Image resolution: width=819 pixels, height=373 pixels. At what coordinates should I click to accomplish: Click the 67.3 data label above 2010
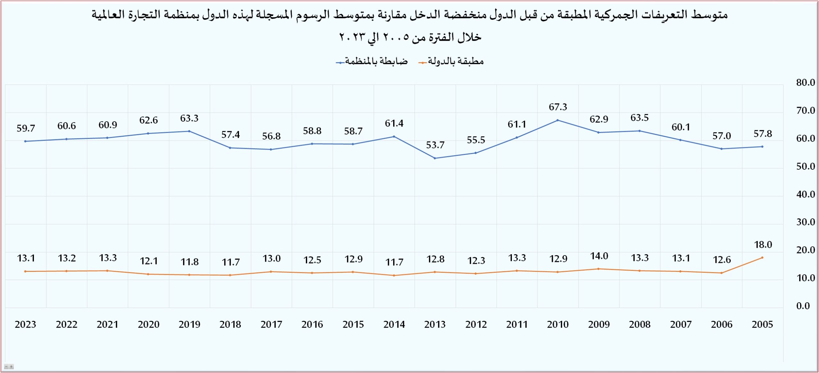(x=558, y=107)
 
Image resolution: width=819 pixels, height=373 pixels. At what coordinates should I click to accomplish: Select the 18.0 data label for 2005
(x=763, y=245)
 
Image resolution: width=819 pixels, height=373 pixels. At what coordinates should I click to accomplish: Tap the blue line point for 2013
(x=434, y=158)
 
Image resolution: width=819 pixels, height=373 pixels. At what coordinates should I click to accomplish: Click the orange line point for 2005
(x=762, y=257)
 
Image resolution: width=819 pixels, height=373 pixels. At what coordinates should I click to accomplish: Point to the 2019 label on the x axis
(x=189, y=324)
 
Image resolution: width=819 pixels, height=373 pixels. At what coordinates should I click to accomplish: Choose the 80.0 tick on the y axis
(x=805, y=83)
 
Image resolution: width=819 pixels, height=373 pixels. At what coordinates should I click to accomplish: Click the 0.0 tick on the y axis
(x=803, y=306)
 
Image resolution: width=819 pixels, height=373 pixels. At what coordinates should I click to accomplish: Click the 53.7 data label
(x=435, y=145)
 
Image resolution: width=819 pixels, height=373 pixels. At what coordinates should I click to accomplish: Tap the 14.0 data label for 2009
(x=599, y=256)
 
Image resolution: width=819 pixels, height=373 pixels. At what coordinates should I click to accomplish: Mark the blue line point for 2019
(x=189, y=131)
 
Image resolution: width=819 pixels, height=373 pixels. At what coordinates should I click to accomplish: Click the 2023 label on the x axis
(x=26, y=324)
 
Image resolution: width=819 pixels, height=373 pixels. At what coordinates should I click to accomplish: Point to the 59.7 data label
(x=26, y=128)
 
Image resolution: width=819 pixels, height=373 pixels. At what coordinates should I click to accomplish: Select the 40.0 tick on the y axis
(x=805, y=194)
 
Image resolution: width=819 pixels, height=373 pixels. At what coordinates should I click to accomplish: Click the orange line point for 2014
(x=394, y=275)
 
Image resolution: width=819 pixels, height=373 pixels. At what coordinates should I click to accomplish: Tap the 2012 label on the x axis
(x=476, y=324)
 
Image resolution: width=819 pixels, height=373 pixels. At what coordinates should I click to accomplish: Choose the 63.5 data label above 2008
(x=640, y=118)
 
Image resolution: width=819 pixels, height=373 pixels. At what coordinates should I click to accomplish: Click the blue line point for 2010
(x=558, y=120)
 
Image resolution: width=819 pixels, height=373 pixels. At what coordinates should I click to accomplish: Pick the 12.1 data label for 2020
(x=149, y=261)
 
